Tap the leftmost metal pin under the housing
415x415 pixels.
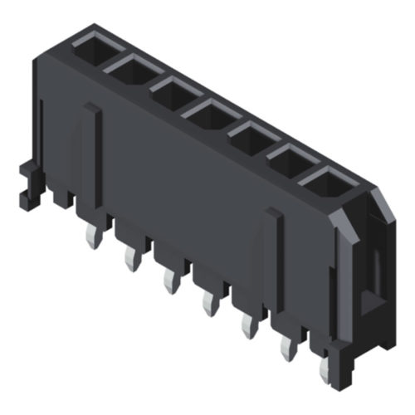click(x=91, y=240)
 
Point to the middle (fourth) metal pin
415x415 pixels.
click(x=207, y=303)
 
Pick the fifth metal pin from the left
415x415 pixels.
click(x=247, y=326)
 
